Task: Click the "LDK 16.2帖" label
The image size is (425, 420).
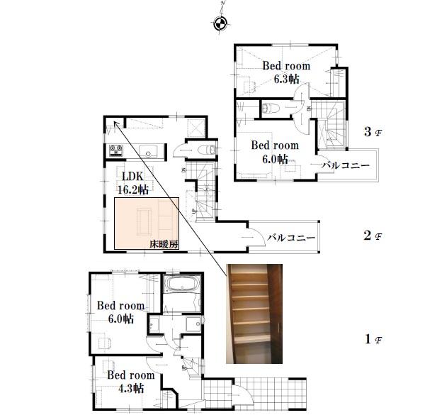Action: [133, 182]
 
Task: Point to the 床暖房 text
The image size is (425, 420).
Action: [164, 243]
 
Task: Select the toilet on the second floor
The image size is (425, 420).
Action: [205, 149]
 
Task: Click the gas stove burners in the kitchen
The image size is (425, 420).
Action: [115, 150]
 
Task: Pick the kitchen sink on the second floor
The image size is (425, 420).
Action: [149, 150]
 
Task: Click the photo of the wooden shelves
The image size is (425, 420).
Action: [254, 313]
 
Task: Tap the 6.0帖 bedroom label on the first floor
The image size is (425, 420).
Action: [120, 312]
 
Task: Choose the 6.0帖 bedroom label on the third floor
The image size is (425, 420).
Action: [276, 152]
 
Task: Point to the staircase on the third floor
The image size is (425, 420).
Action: [331, 126]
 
